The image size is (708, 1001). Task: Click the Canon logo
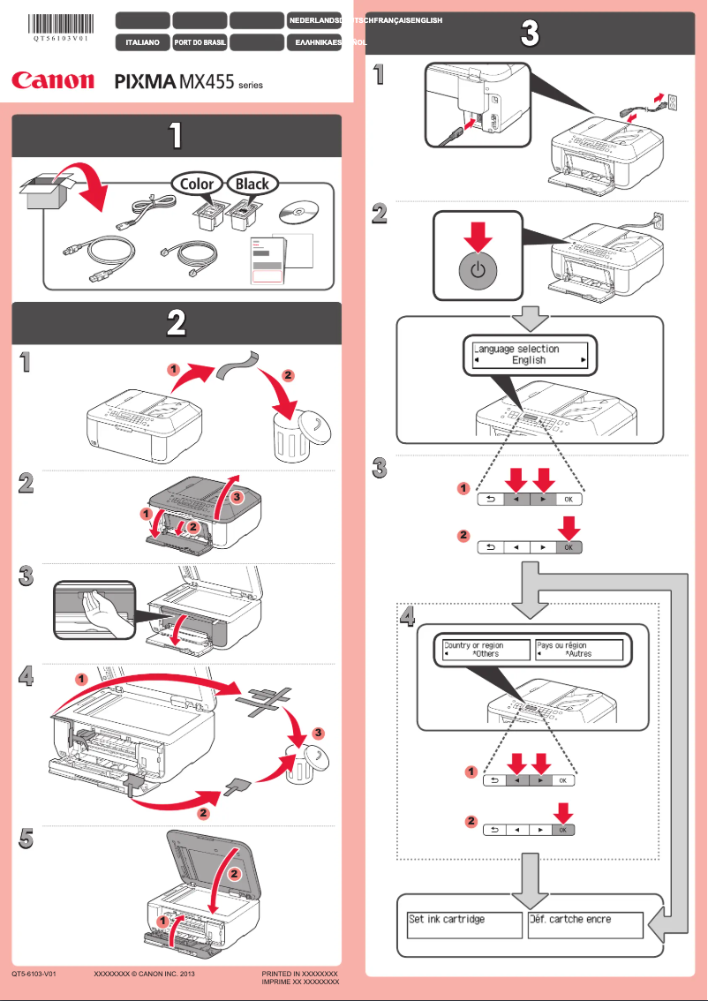[53, 80]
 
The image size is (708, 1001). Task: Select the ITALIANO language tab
[142, 41]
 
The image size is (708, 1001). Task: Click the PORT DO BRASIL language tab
[200, 41]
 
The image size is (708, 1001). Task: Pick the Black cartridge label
[252, 184]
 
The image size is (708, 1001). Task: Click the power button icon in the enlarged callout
[478, 271]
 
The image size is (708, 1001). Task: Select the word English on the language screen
[529, 360]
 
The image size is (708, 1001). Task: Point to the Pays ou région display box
[578, 650]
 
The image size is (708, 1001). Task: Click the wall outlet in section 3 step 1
[672, 102]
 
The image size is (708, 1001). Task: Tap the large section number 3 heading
[528, 34]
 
